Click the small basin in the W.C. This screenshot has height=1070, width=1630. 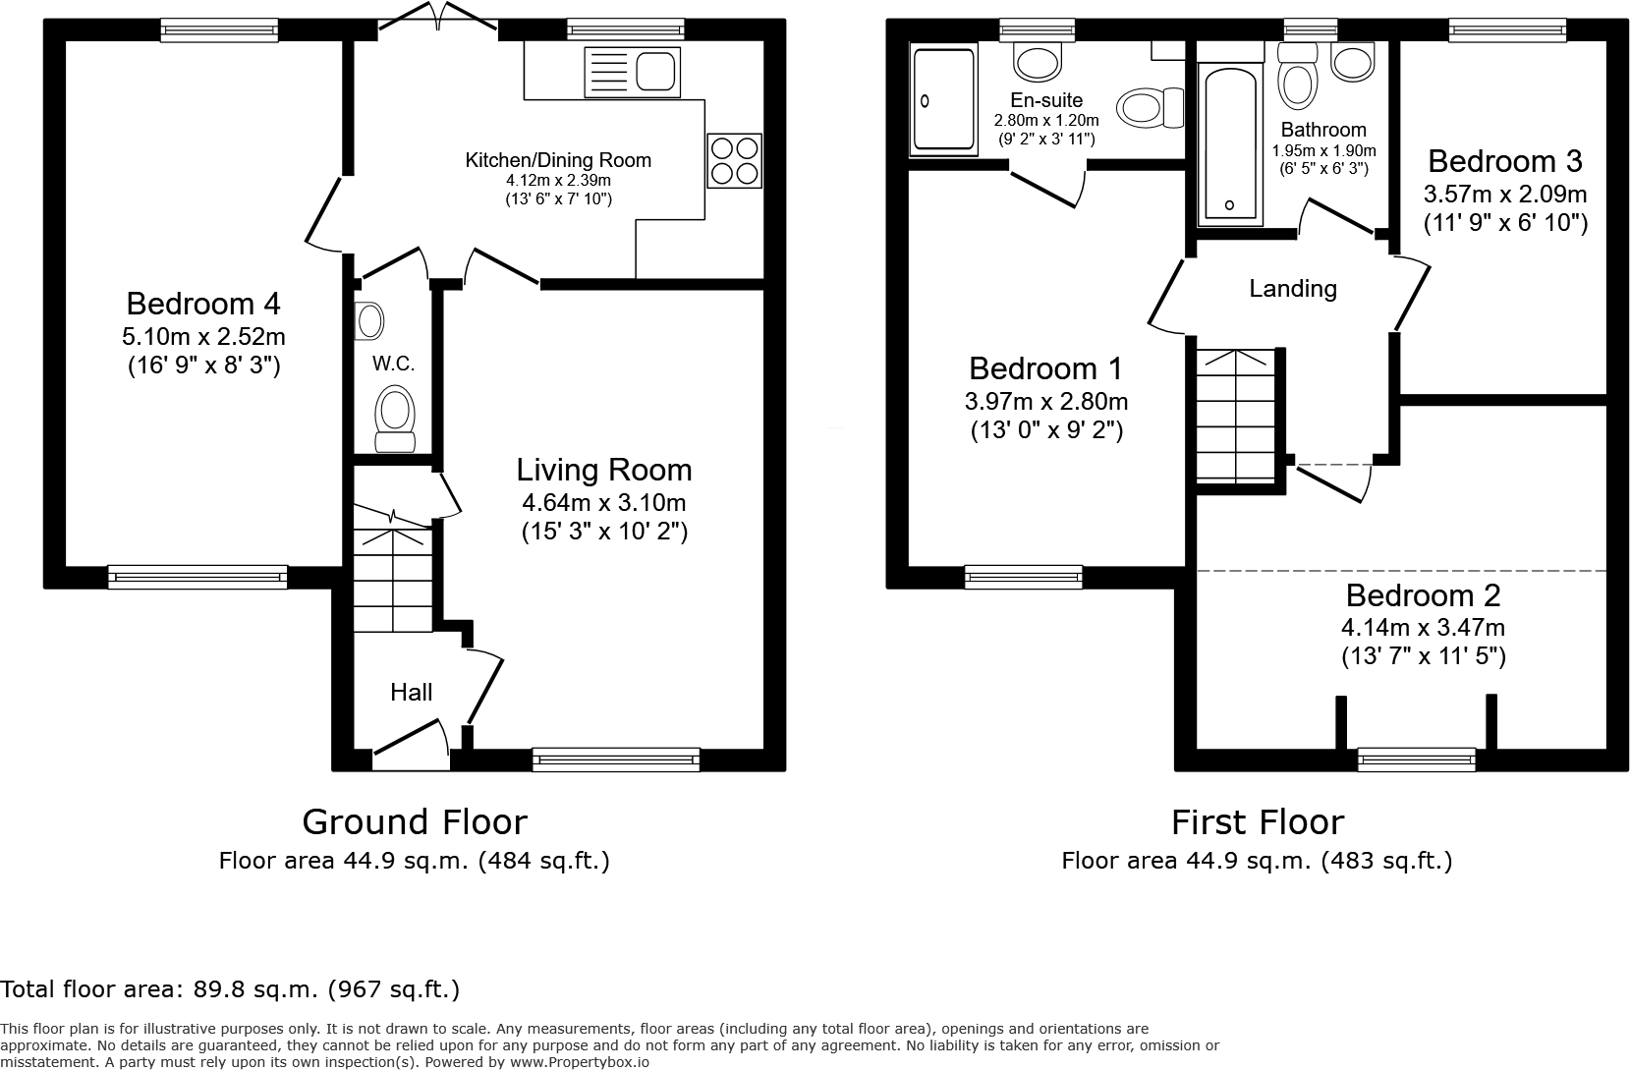[x=370, y=320]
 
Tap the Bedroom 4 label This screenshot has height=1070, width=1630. [x=203, y=302]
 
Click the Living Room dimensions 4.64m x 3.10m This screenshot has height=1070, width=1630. [x=603, y=503]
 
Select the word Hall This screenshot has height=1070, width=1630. [x=411, y=693]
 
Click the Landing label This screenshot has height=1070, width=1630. [x=1292, y=289]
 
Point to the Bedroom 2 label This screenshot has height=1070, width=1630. [x=1423, y=595]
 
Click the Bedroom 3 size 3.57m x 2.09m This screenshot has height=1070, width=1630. [x=1505, y=193]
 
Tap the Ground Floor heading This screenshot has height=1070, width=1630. [x=414, y=821]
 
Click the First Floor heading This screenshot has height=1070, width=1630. [x=1257, y=821]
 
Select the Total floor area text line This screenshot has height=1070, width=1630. [x=230, y=988]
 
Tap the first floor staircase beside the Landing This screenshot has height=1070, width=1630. [x=1235, y=418]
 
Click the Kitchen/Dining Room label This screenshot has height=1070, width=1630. [x=557, y=160]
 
